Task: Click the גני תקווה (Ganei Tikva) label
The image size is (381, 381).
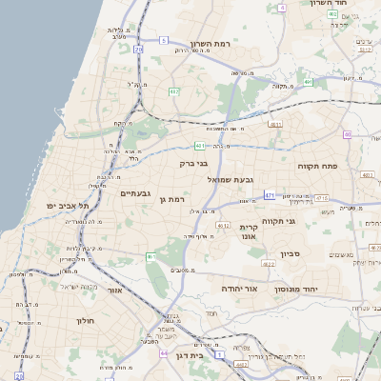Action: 303,222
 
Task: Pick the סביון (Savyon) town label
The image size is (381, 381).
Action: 291,253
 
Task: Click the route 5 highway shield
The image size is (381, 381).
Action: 163,40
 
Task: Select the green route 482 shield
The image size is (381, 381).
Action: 174,91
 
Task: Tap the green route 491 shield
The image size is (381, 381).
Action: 310,82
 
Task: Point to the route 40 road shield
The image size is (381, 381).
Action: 348,134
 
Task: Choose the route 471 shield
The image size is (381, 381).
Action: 270,195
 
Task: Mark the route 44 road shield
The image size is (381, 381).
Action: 164,352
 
